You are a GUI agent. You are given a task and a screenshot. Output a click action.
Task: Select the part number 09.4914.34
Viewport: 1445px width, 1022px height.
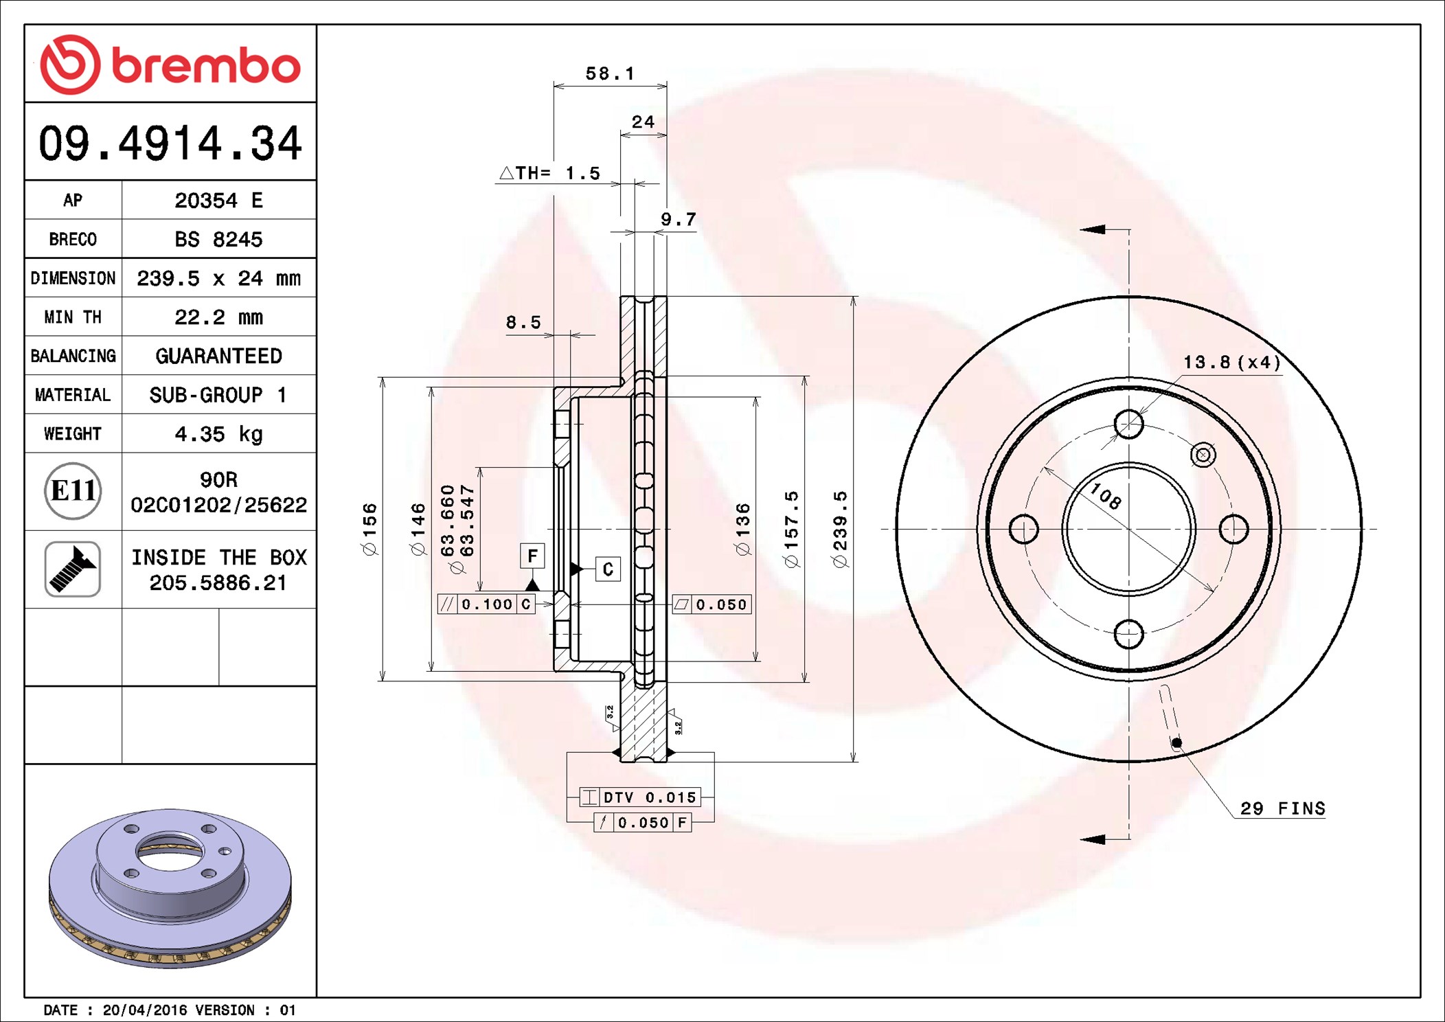click(x=170, y=144)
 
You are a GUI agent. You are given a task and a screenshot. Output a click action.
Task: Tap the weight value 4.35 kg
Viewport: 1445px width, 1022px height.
click(x=218, y=434)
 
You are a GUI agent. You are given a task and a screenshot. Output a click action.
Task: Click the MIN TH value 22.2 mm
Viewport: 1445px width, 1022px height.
click(x=218, y=317)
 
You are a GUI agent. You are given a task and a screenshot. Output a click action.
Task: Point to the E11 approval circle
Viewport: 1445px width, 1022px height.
click(x=73, y=491)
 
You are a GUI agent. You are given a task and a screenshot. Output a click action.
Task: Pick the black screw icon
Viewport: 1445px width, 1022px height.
click(x=73, y=569)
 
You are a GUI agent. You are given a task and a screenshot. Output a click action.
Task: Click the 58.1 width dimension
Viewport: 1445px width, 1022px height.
click(x=610, y=73)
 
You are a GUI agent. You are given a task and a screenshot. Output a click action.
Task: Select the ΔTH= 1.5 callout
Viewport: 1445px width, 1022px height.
click(x=549, y=173)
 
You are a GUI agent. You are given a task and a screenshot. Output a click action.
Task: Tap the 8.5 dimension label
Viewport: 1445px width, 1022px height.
click(x=523, y=322)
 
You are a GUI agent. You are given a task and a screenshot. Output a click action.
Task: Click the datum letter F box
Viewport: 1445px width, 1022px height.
click(x=532, y=556)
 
